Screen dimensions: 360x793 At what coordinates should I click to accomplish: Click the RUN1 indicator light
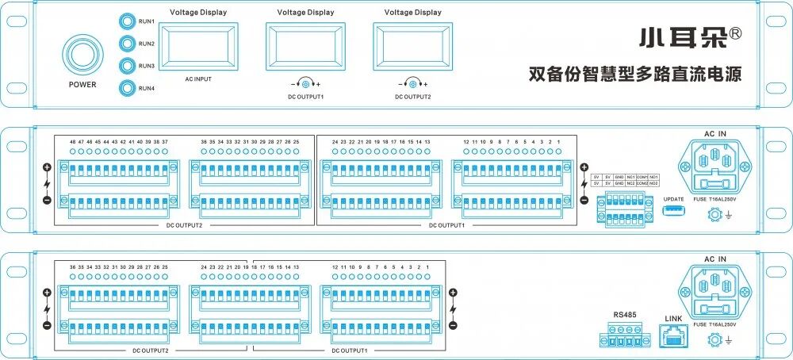click(127, 21)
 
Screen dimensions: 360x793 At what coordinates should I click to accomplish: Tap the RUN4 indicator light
click(127, 87)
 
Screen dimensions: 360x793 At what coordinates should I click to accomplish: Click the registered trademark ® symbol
click(735, 34)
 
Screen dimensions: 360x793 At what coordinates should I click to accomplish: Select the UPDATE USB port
click(673, 210)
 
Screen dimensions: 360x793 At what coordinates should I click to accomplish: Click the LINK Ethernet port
click(673, 336)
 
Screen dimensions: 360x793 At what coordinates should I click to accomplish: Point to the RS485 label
click(626, 315)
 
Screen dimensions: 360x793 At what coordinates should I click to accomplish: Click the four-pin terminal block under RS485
click(626, 335)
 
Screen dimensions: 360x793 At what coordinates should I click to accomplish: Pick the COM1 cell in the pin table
click(642, 177)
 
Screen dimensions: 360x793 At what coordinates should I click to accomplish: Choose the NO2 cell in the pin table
click(654, 183)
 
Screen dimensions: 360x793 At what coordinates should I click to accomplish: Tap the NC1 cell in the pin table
click(630, 177)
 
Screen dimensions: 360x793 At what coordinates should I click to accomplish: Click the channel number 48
click(73, 141)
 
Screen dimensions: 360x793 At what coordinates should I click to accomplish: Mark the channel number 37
click(165, 141)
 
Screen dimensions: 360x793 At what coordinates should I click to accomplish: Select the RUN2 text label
click(146, 44)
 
